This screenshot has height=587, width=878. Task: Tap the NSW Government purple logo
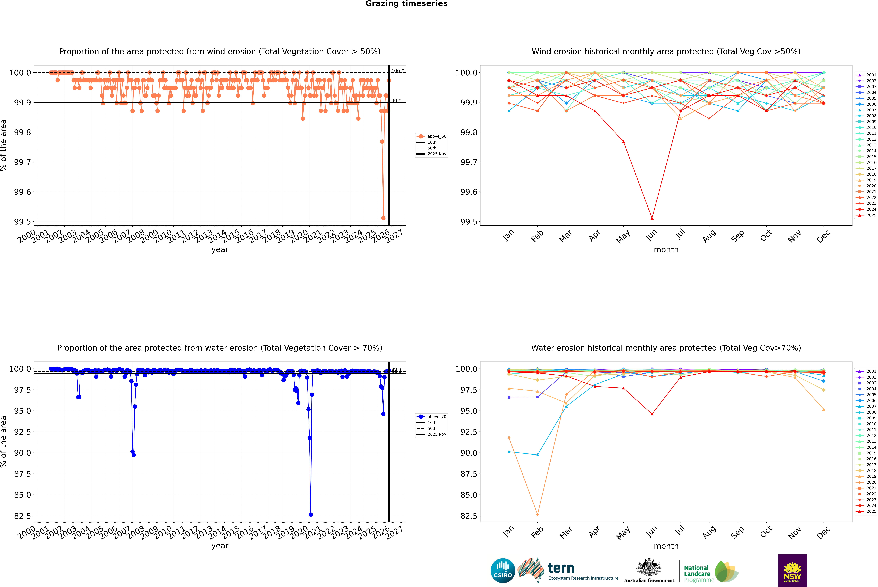(792, 571)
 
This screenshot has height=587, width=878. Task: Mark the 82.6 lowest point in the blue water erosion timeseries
(311, 514)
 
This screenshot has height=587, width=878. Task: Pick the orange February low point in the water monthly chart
(537, 514)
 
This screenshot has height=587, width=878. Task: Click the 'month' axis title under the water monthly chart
(666, 546)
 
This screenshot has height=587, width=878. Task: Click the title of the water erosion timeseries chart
(220, 348)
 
